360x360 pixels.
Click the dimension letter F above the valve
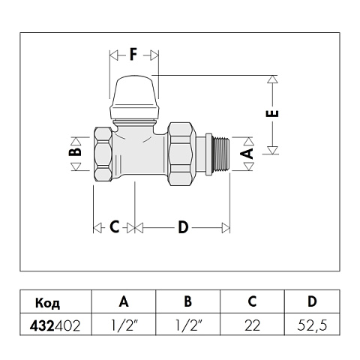[x=133, y=55]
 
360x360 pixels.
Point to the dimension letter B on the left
[x=74, y=151]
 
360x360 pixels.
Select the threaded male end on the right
[x=221, y=154]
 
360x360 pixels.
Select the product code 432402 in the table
[x=57, y=326]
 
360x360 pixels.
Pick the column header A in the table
[x=124, y=302]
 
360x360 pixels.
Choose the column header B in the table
[x=188, y=302]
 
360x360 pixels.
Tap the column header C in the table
[x=252, y=302]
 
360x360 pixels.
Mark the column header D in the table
[x=312, y=302]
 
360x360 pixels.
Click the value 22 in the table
[x=252, y=326]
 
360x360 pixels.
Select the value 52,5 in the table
[x=312, y=326]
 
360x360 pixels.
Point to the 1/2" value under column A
[x=124, y=326]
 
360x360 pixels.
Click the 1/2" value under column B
[x=188, y=326]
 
